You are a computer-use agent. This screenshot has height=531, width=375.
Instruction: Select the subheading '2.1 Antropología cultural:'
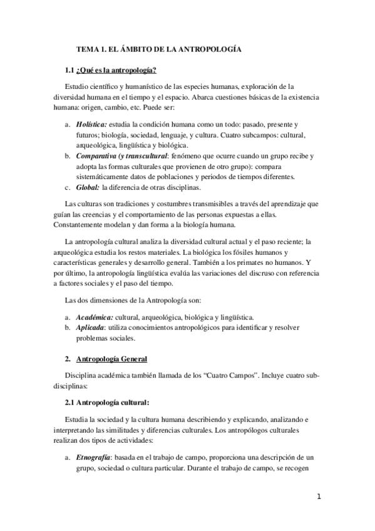click(x=107, y=401)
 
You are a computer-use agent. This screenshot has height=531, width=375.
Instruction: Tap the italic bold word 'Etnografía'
click(x=96, y=453)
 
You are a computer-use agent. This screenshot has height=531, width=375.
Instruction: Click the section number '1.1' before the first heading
click(x=70, y=69)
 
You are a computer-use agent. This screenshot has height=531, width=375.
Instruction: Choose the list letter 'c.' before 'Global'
click(x=68, y=186)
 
